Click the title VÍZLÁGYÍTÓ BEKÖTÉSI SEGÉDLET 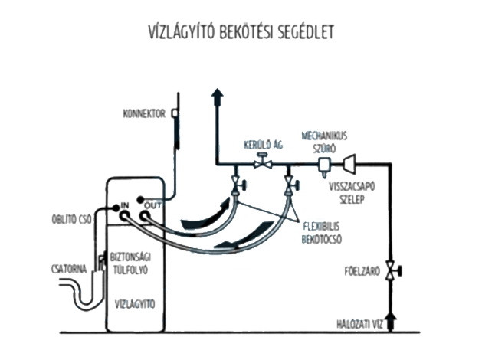point(240,33)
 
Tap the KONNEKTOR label point(144,115)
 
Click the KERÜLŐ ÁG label point(263,144)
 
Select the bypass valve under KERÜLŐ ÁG point(263,163)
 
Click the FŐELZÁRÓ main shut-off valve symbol point(392,270)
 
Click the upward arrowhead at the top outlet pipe point(217,95)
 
